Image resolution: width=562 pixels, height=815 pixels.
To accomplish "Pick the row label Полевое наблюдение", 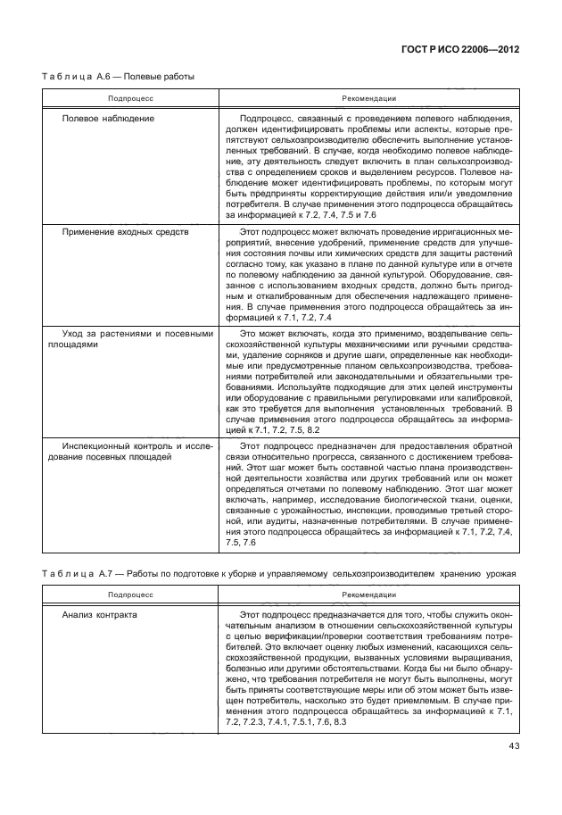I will (x=108, y=118).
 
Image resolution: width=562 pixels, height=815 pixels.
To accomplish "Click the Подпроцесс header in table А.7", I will (x=131, y=593).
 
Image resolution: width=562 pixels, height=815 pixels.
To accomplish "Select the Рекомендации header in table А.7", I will (x=369, y=593).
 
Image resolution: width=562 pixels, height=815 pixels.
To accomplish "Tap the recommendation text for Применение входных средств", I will (x=369, y=274).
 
